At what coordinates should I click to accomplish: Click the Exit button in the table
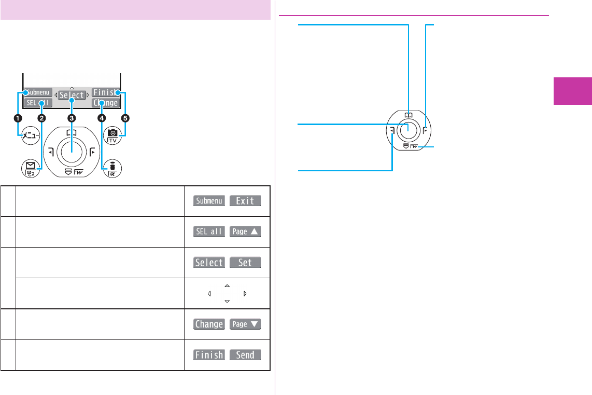pos(245,201)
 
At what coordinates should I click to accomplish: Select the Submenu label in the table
pos(209,201)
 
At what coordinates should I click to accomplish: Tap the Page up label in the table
pos(245,232)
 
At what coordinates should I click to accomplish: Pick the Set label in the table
pos(245,263)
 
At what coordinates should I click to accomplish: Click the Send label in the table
pos(245,356)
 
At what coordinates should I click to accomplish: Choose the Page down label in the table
pos(245,324)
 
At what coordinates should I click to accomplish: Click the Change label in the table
pos(209,324)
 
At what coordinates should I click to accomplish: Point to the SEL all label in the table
pos(209,232)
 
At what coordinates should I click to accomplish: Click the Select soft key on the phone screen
pos(72,96)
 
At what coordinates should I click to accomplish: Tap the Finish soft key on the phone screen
pos(106,92)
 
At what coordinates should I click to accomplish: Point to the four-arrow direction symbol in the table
pos(227,294)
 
